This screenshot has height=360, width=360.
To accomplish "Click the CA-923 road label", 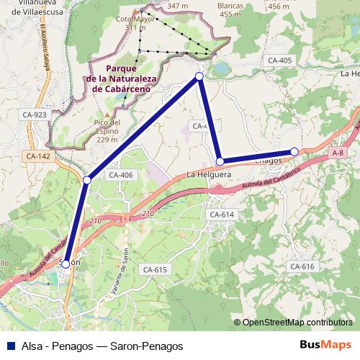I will point(35,114).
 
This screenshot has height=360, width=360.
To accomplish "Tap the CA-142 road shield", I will point(38,156).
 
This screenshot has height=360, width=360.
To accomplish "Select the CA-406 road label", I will point(120,175).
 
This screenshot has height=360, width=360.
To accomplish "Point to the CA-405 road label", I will point(278,60).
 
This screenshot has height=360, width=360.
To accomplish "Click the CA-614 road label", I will point(221,215).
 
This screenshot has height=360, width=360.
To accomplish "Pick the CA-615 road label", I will point(155,269).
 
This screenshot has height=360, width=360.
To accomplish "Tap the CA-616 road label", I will point(302,266).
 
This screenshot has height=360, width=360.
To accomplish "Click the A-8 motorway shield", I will point(338,153).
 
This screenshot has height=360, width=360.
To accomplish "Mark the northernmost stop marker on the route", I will point(199,76).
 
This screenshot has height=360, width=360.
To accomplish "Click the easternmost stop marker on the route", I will point(294,151).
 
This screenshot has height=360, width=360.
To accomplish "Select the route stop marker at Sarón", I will point(66,264).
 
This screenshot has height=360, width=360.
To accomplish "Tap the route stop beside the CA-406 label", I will point(87,179).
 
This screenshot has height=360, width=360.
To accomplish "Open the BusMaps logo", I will point(328,346).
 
